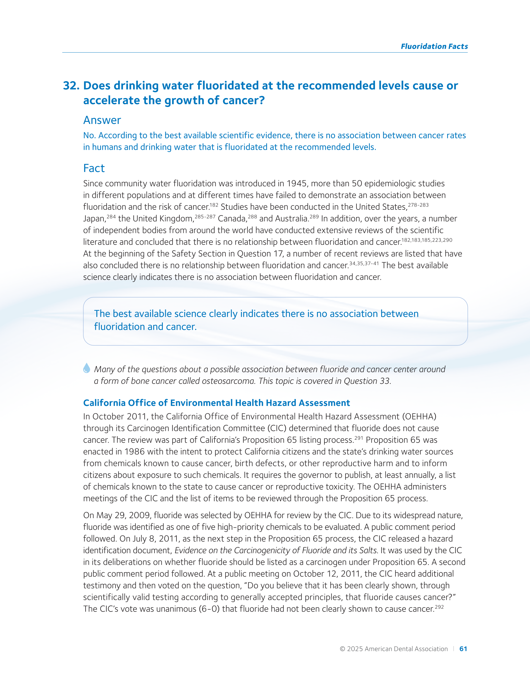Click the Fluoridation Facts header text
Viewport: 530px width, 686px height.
[x=434, y=46]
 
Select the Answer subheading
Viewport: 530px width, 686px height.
[x=102, y=120]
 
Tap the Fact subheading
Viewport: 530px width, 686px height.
[x=94, y=168]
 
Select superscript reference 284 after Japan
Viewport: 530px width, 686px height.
[x=111, y=217]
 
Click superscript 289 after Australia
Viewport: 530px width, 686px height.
[x=314, y=217]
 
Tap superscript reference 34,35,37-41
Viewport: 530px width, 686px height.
[x=364, y=264]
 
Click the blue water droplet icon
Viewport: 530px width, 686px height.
[x=87, y=368]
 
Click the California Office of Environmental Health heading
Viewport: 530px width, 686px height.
[x=217, y=403]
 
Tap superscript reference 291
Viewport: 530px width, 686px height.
[x=359, y=438]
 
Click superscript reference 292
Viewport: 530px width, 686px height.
[x=439, y=607]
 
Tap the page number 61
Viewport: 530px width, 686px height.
[x=463, y=649]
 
